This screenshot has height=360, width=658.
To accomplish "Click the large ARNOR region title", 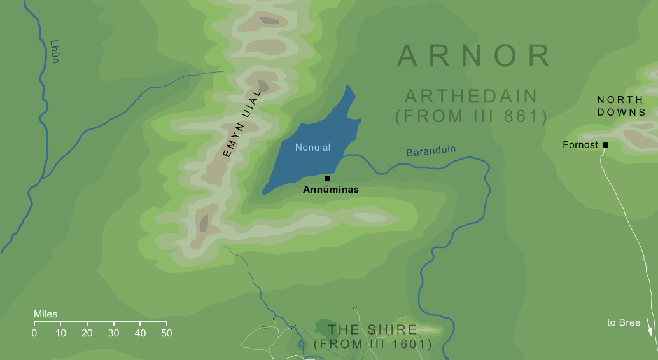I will pyautogui.click(x=474, y=56).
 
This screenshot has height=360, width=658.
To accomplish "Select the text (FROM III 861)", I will pyautogui.click(x=472, y=116).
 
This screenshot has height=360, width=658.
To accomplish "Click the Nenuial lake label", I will pyautogui.click(x=313, y=147).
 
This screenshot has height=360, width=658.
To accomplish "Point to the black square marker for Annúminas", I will pyautogui.click(x=327, y=179).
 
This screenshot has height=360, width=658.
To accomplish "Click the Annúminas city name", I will pyautogui.click(x=331, y=190).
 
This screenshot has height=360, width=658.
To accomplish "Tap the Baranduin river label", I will pyautogui.click(x=431, y=152).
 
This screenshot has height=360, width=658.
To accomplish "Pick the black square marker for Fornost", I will pyautogui.click(x=605, y=145).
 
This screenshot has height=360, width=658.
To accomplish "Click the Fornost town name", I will pyautogui.click(x=580, y=145).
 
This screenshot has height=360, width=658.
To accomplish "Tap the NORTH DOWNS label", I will pyautogui.click(x=621, y=106).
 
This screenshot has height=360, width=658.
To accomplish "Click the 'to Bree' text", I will pyautogui.click(x=624, y=323).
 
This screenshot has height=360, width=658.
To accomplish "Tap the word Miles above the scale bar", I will pyautogui.click(x=45, y=314).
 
